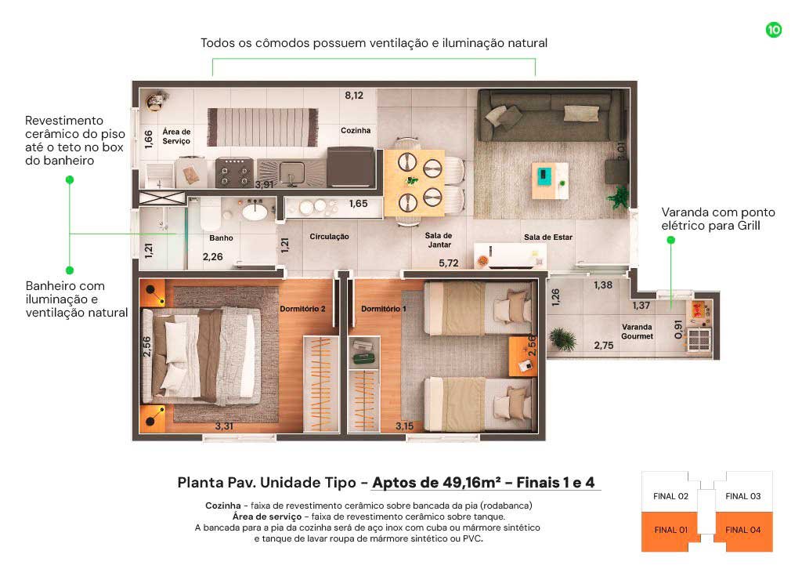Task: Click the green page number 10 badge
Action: point(773,30)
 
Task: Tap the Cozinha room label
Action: point(356,130)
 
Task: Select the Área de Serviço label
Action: point(176,136)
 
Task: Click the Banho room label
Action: point(221,238)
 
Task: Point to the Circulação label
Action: point(330,237)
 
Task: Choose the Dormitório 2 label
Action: point(302,309)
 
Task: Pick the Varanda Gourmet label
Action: point(637,332)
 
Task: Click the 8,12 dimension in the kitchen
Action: point(354,95)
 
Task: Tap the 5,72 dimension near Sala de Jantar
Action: point(449,263)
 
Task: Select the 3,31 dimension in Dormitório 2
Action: point(224,426)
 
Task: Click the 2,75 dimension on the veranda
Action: point(604,346)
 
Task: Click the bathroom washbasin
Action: point(255,211)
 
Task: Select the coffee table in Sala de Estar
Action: point(550,180)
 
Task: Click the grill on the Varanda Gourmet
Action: point(699,339)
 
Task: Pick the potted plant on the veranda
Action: point(562,339)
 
